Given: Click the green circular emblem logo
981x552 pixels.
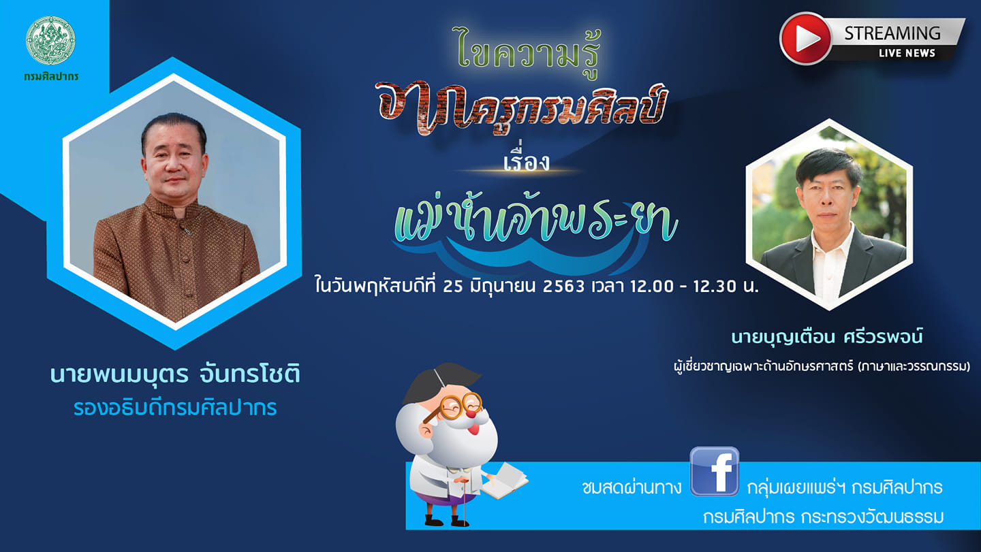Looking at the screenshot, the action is coord(50,41).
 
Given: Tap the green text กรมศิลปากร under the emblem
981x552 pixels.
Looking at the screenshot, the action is coord(51,77).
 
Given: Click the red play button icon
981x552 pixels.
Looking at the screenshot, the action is coord(805,39).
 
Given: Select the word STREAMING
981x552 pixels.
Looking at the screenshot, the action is coord(892,33).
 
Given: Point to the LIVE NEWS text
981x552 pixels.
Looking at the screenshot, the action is coord(907,53).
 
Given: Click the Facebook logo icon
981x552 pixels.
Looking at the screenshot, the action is coord(715,472).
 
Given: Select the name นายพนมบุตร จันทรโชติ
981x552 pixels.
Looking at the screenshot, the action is coord(175,375).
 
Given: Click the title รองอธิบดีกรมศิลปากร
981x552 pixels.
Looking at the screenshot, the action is coord(175,408).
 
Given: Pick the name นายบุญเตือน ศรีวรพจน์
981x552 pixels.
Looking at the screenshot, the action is coord(827,337).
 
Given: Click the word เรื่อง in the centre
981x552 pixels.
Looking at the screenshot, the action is coord(526,161).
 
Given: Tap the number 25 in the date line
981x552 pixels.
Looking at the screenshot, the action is coord(453,287).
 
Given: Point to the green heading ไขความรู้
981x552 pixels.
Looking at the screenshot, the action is coord(528,52).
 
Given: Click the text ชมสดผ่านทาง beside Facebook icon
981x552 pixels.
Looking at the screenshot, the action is coord(632,487).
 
